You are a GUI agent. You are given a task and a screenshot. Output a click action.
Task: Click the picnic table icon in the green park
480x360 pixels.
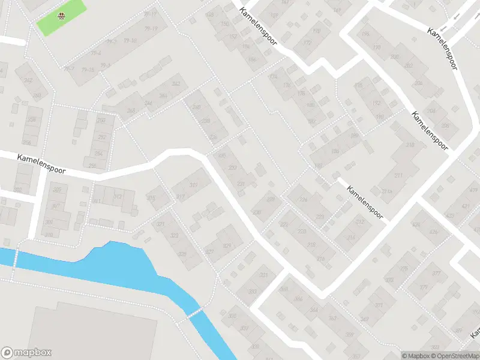tap(61, 16)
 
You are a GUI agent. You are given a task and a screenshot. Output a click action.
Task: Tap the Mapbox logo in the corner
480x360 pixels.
tap(26, 353)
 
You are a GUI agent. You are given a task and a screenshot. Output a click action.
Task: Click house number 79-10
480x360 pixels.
tap(130, 41)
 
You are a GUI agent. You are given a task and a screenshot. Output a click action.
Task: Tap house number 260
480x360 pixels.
tap(37, 95)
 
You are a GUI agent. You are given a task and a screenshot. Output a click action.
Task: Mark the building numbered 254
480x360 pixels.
tap(98, 154)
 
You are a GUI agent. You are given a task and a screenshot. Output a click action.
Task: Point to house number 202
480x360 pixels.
tap(409, 65)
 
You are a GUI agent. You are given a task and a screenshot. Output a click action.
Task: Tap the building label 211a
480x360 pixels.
tap(387, 192)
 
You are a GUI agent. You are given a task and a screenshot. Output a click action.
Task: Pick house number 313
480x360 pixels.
tap(118, 196)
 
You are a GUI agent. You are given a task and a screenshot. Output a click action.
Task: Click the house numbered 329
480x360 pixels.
tap(227, 247)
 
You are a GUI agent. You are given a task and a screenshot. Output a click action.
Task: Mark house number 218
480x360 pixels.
tap(311, 245)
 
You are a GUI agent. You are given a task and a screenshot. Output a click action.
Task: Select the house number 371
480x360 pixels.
tap(379, 305)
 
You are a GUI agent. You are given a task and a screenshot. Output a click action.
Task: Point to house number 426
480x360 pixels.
tap(433, 232)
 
